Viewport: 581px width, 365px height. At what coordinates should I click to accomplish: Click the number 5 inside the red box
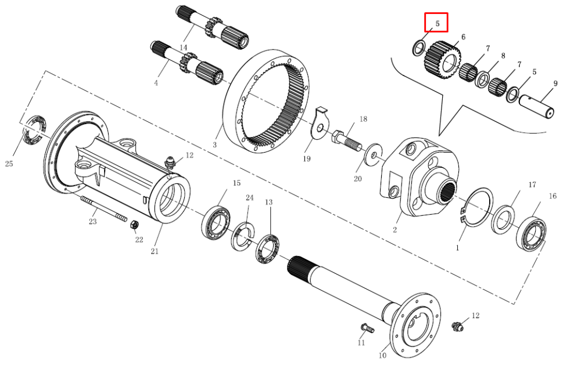(437, 23)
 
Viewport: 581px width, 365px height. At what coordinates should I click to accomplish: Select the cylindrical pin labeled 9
(536, 107)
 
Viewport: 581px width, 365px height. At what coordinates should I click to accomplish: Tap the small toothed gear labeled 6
(442, 60)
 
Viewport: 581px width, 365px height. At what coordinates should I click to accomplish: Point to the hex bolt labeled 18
(346, 140)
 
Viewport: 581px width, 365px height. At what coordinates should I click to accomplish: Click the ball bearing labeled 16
(532, 234)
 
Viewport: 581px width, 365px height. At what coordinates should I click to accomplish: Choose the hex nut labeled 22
(135, 225)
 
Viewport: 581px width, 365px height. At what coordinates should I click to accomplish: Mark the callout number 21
(155, 251)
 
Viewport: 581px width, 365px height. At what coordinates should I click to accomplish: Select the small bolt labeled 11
(368, 328)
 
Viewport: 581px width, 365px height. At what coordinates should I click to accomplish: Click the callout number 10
(382, 355)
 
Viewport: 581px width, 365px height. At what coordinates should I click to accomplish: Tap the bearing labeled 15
(216, 222)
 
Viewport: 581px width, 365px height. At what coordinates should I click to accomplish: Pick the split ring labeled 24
(243, 236)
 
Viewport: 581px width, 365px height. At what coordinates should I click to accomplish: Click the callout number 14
(184, 48)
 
